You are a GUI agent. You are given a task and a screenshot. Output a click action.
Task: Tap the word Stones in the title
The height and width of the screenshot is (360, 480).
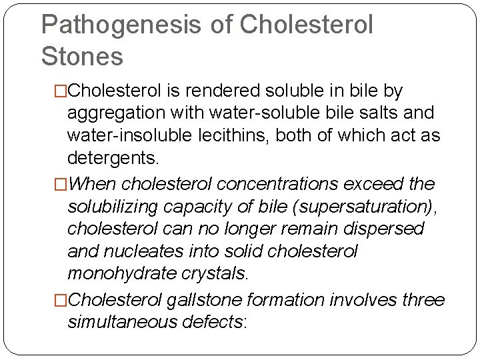pos(82,57)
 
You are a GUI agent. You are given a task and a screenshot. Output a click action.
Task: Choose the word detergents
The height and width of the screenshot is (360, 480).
pos(113,159)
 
